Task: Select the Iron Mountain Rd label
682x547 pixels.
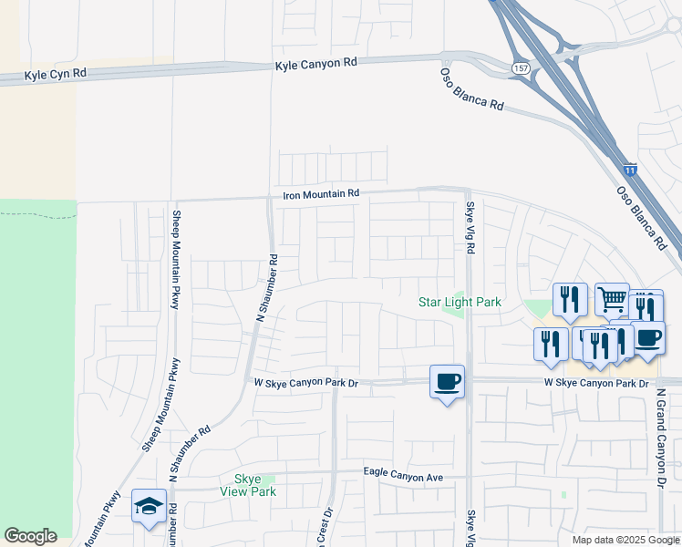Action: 322,193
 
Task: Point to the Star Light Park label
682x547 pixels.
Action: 460,302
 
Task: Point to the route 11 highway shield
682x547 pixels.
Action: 630,170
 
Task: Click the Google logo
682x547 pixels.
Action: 30,536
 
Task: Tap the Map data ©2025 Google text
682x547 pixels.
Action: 625,540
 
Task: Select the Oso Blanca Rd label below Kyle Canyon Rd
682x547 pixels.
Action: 471,88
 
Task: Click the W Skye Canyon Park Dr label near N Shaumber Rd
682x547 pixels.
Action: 305,383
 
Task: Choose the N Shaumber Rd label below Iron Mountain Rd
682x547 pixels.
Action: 265,288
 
